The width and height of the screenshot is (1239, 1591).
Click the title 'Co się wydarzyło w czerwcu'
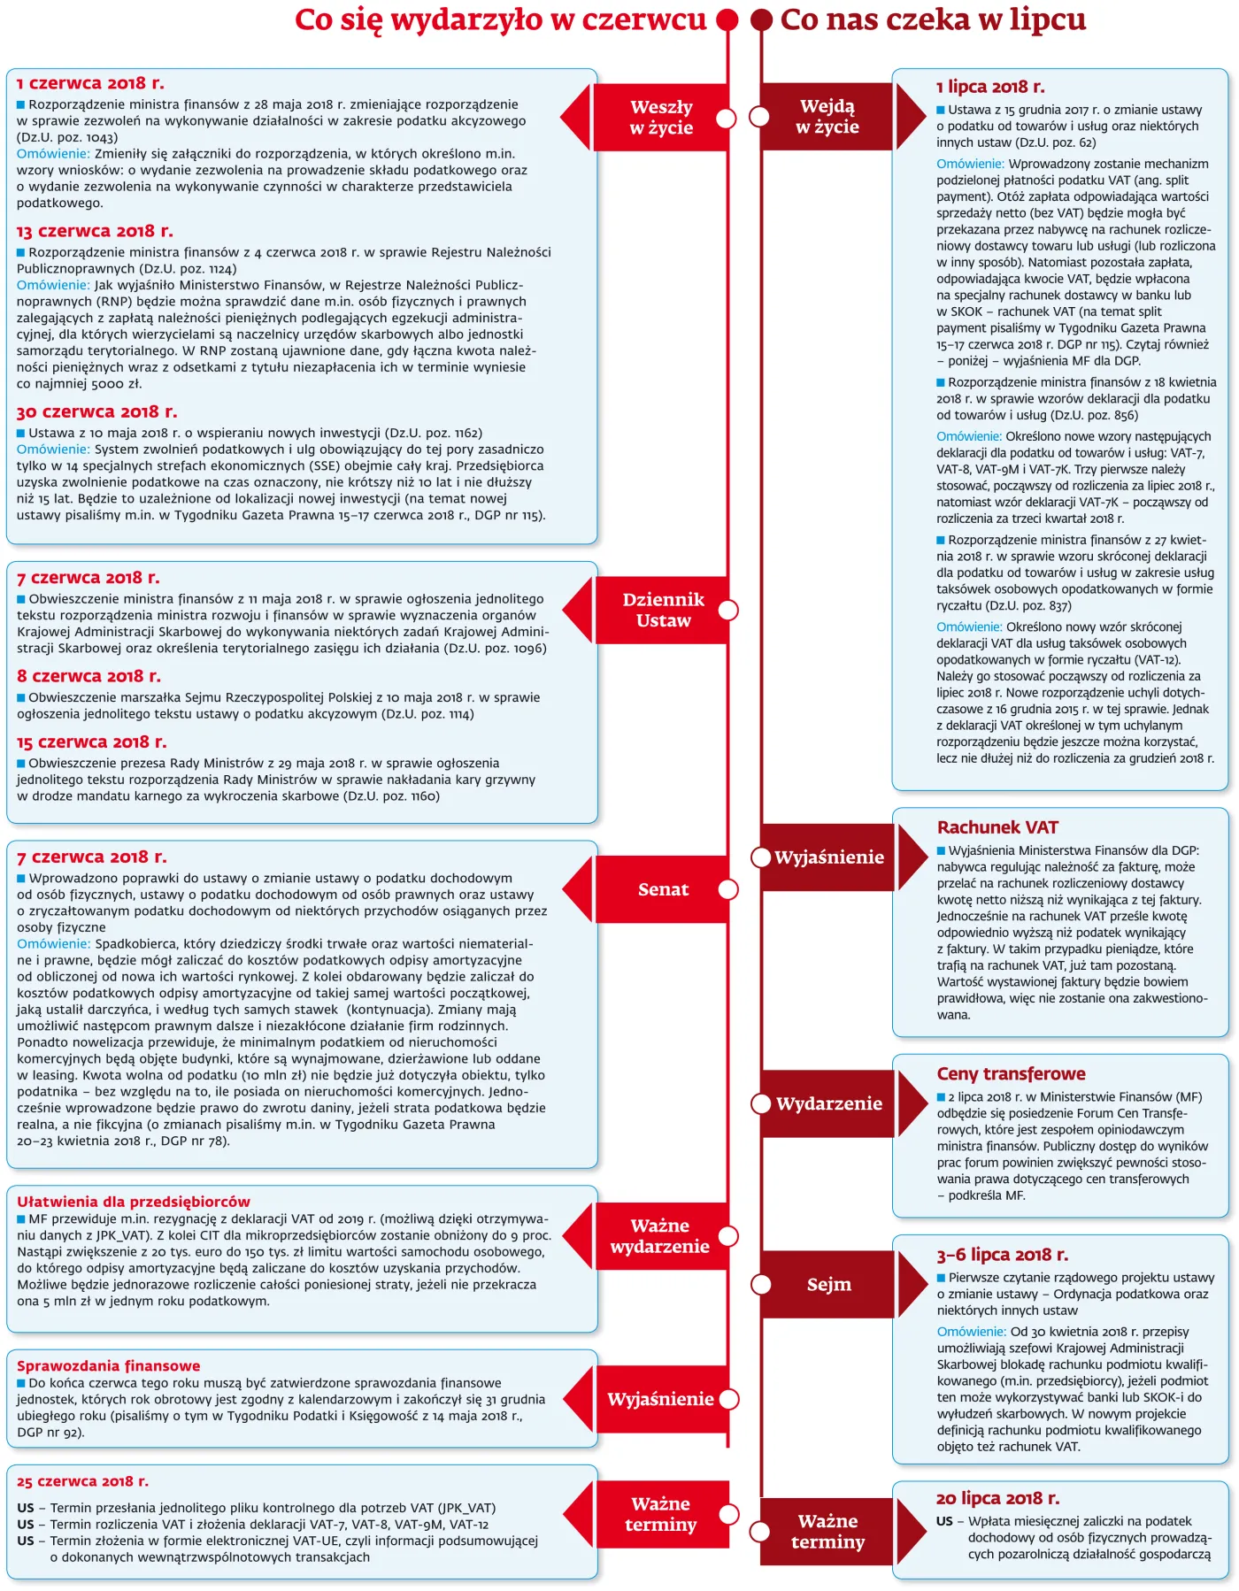click(500, 19)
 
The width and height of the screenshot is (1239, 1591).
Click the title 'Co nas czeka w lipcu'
click(933, 19)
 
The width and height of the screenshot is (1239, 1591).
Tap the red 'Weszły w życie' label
click(661, 118)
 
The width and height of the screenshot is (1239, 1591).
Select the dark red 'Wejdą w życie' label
click(827, 117)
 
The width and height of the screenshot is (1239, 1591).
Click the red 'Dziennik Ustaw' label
click(663, 610)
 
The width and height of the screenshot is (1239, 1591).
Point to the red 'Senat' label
click(663, 889)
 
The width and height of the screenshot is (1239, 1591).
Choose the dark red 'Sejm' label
click(828, 1284)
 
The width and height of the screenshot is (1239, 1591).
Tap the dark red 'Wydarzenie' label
click(828, 1103)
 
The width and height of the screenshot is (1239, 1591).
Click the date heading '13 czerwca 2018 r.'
click(95, 231)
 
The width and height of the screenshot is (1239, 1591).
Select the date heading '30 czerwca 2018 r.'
click(96, 411)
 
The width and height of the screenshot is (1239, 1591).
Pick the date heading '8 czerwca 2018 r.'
click(88, 676)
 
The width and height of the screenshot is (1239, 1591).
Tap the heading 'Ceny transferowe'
click(1011, 1073)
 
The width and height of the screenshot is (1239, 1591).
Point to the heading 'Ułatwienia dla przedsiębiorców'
click(133, 1202)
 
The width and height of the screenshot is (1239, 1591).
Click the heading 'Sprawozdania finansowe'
click(108, 1365)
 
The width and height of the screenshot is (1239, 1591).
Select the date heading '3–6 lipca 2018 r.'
click(1002, 1254)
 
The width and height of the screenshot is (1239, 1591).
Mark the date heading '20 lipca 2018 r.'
click(997, 1498)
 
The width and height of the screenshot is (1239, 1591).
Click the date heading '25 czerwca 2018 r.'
click(82, 1481)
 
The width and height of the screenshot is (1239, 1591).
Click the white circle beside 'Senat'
click(727, 890)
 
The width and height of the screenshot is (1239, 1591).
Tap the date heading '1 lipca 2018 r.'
click(990, 87)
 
